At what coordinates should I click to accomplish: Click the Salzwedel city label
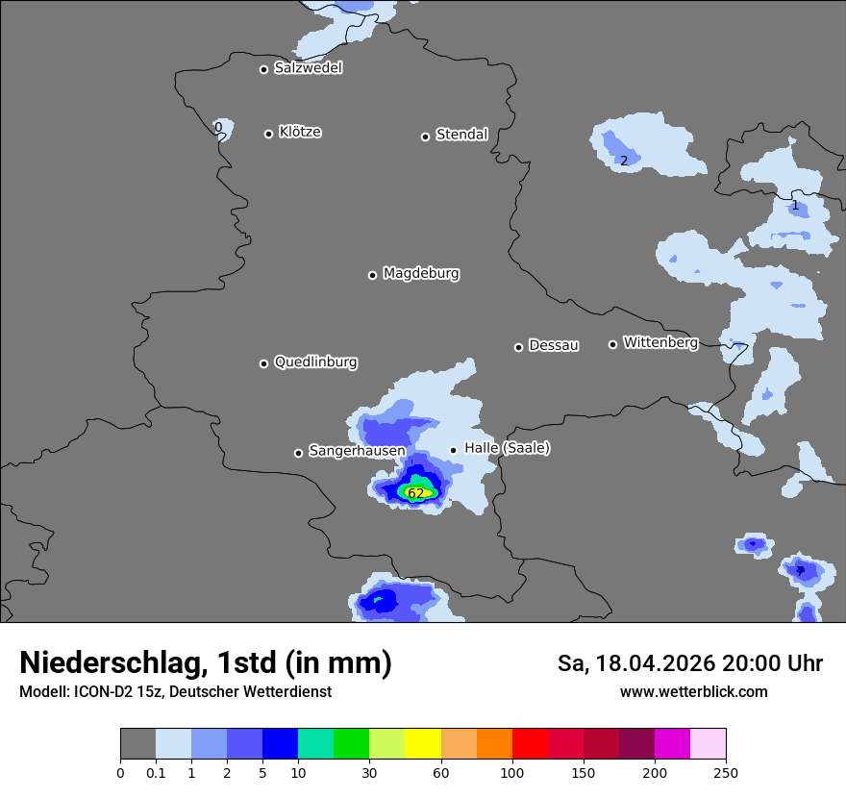click(308, 68)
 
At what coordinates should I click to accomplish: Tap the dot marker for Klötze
click(268, 134)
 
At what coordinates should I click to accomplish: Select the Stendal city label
click(461, 135)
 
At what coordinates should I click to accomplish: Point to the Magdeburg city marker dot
click(372, 275)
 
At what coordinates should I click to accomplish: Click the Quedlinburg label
click(315, 362)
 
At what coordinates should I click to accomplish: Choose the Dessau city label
click(554, 345)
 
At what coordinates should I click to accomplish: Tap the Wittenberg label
click(660, 342)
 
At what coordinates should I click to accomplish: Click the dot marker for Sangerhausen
click(298, 453)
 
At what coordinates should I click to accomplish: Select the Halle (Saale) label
click(507, 448)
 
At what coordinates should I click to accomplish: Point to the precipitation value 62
click(415, 493)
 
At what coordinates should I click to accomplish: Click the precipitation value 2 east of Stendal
click(623, 161)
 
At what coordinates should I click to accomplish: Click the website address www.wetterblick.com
click(693, 692)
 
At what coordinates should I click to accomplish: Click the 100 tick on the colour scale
click(512, 772)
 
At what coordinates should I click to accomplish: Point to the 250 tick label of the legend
click(726, 772)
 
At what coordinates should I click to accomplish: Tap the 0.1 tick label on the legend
click(155, 772)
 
